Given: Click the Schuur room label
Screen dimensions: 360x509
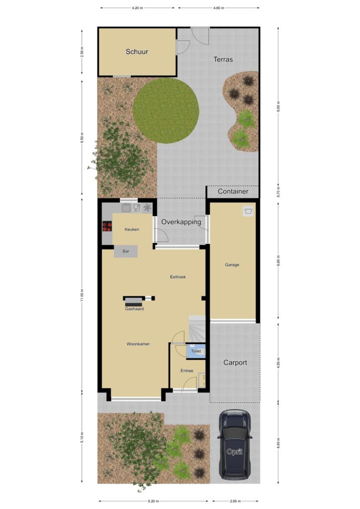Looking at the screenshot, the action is tap(137, 52).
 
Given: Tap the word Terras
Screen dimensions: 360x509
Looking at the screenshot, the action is tap(223, 60).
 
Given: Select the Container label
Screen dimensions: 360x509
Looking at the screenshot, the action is tap(233, 191).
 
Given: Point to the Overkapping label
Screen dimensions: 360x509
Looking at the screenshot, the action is tap(181, 222).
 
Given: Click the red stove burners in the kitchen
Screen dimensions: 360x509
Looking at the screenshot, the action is tap(107, 226).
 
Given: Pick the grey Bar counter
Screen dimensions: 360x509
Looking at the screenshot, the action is tap(126, 251).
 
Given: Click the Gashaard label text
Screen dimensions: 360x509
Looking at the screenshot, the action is tap(134, 309).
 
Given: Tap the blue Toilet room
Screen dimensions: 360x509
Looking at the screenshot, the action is tap(196, 351).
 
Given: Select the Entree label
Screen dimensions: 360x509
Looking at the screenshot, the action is tap(186, 371).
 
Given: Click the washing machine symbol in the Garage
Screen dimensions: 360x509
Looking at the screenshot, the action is tap(248, 211).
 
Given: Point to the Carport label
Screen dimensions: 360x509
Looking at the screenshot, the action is tap(235, 362).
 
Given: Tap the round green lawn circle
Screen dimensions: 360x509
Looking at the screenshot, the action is tap(166, 111).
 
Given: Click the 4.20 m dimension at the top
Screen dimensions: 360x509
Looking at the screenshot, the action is tap(137, 8).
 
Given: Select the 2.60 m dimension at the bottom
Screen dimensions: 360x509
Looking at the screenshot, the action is tap(235, 501).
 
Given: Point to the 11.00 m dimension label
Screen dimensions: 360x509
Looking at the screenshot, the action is tap(82, 295).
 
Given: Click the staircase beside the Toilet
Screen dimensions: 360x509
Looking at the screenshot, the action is tap(197, 329).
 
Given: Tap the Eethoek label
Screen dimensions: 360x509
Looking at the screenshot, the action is tap(178, 277).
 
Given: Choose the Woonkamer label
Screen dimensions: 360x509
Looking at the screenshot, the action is tap(138, 344).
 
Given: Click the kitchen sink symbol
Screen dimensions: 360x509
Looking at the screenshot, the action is tap(126, 208).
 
